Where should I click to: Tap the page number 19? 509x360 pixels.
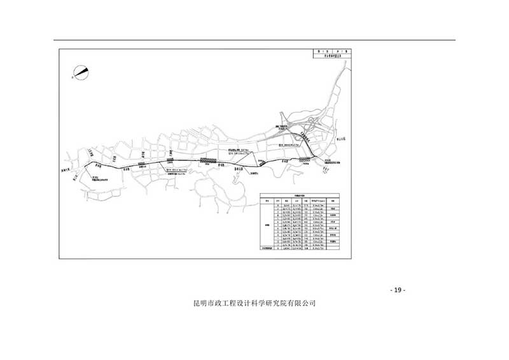(397, 291)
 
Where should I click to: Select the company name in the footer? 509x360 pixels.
(254, 304)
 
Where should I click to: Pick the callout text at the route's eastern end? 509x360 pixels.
(333, 162)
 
